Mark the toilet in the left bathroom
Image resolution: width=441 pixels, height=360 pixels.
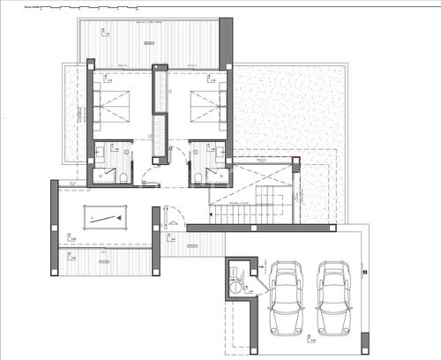(x=124, y=176)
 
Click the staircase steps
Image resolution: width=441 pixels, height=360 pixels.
(x=248, y=212)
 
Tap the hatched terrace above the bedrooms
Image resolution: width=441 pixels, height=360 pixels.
(x=154, y=40)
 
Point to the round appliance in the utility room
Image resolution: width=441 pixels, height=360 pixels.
(x=236, y=284)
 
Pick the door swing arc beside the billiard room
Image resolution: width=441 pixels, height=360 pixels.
(x=173, y=216)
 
